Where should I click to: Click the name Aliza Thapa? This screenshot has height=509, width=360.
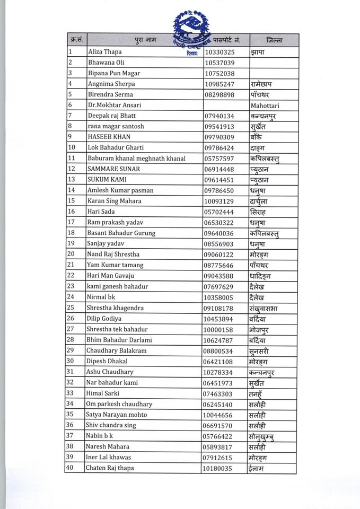104,52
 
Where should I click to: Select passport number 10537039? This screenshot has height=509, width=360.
219,63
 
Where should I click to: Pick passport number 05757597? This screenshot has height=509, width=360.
219,159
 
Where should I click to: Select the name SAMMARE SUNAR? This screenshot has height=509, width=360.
113,169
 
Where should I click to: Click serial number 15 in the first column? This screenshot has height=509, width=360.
72,201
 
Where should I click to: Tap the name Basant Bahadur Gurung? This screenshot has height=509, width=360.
121,233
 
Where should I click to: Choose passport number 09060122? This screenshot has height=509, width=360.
219,254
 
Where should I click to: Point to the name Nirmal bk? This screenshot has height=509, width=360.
101,297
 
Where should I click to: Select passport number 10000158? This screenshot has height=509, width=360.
219,329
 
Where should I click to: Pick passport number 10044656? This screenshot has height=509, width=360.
219,415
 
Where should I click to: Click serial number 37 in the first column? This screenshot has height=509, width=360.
72,436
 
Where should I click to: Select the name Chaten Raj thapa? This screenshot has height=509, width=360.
110,468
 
